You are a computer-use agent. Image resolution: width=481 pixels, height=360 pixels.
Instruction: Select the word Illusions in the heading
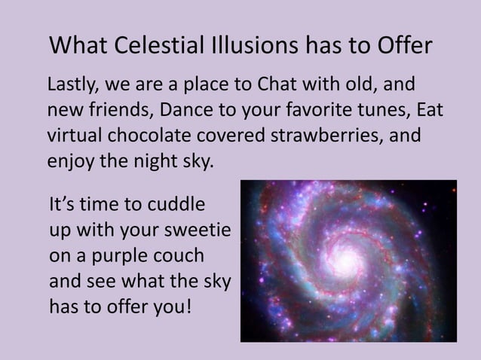click(256, 47)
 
